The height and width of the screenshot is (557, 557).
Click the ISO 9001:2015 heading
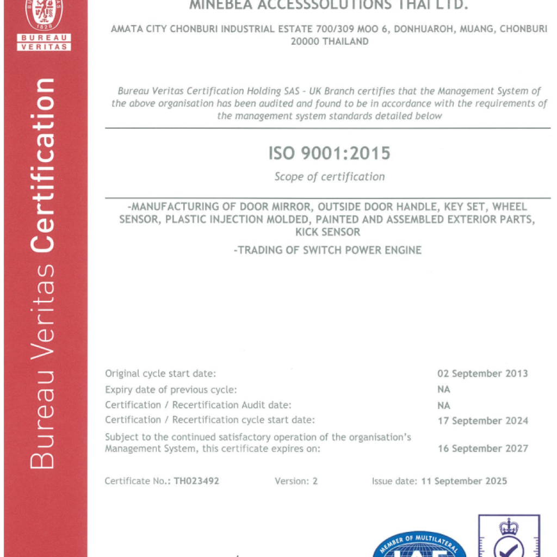(x=329, y=153)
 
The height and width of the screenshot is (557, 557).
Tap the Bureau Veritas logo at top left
(x=44, y=22)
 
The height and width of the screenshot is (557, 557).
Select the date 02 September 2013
(x=482, y=374)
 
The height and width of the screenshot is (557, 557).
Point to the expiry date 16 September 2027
(x=482, y=449)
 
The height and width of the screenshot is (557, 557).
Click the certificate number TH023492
(x=196, y=481)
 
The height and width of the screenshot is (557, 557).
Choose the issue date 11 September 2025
(x=464, y=481)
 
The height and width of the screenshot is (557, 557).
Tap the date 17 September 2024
(x=482, y=420)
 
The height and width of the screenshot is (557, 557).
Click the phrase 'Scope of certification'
(x=329, y=177)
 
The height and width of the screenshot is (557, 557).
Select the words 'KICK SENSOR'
(x=327, y=232)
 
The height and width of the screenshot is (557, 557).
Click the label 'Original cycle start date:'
(x=160, y=374)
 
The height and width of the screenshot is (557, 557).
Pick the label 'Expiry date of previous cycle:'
(x=171, y=389)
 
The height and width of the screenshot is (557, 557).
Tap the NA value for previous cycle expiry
(x=444, y=389)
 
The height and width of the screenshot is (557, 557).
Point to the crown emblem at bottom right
(x=509, y=527)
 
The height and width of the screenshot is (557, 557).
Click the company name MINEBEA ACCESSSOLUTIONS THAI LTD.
(x=329, y=5)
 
